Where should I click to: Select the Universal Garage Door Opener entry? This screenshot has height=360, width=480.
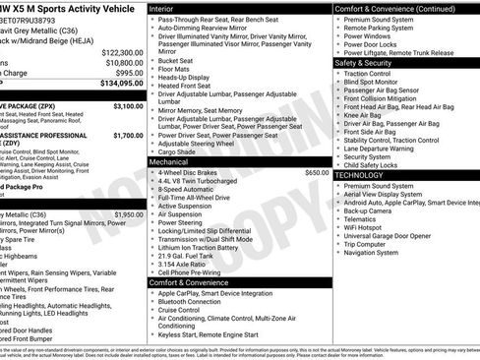395,236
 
